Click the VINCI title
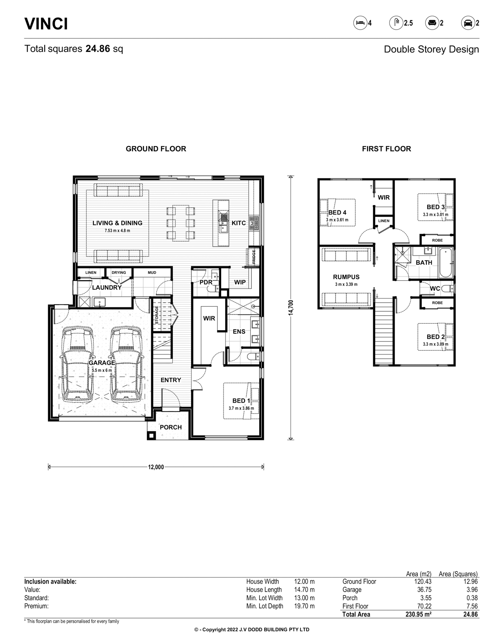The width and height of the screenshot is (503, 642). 46,24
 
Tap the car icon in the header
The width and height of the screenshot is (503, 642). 468,23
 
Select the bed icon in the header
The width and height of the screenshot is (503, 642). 360,23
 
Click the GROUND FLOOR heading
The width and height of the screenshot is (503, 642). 156,148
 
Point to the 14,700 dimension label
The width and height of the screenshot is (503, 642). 291,307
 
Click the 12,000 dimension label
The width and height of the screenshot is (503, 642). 156,467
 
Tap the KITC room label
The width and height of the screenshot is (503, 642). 239,223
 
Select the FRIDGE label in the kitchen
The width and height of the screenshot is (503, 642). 254,257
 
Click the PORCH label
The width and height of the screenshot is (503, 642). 171,427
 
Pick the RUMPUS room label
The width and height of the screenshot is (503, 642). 346,277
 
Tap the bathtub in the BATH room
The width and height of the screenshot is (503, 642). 446,263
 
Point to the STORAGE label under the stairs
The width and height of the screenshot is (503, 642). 157,315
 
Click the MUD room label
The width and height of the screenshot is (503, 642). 152,273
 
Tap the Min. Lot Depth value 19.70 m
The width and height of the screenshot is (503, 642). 304,606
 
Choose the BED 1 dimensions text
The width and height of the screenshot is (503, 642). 241,408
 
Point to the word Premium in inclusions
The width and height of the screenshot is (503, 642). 37,606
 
